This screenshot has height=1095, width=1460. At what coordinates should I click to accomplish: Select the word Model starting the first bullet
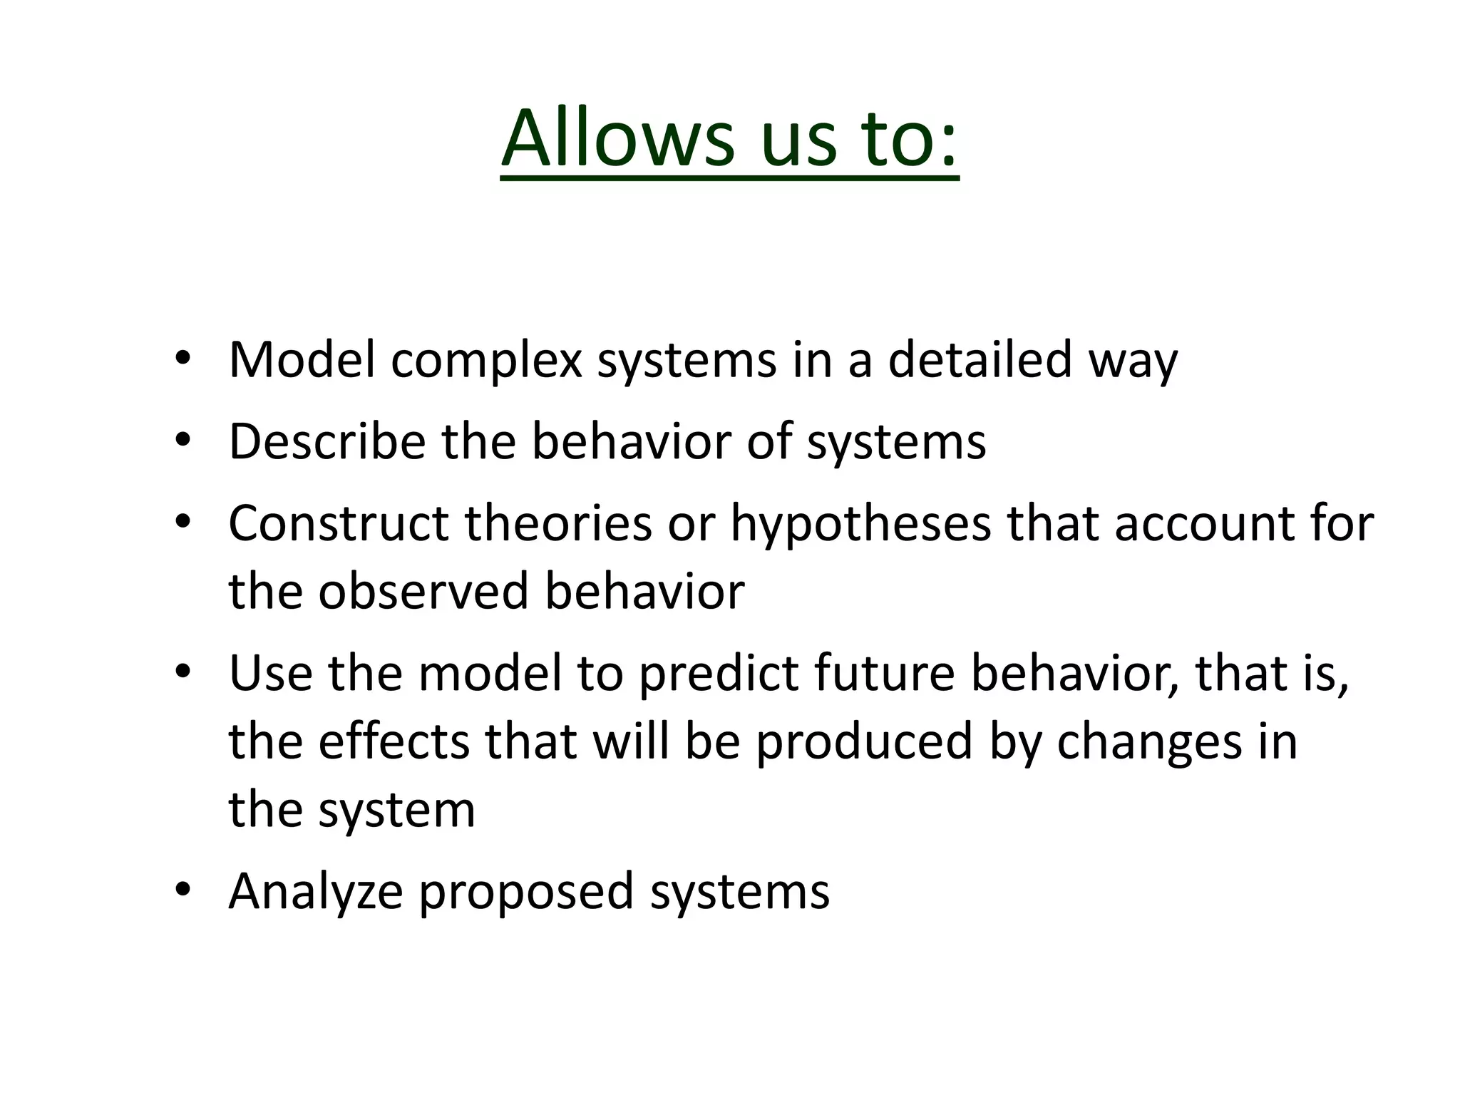click(x=302, y=359)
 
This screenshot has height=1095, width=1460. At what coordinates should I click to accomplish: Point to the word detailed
click(x=980, y=359)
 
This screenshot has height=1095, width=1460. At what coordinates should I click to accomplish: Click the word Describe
click(x=327, y=441)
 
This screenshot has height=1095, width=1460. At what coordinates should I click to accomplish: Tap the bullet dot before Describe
click(x=183, y=440)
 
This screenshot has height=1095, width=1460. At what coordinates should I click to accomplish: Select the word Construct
click(x=338, y=523)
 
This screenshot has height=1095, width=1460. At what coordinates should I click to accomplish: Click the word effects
click(x=394, y=741)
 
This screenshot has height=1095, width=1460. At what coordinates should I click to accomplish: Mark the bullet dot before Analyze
click(x=183, y=889)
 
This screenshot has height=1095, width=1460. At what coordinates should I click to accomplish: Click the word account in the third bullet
click(x=1203, y=523)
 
